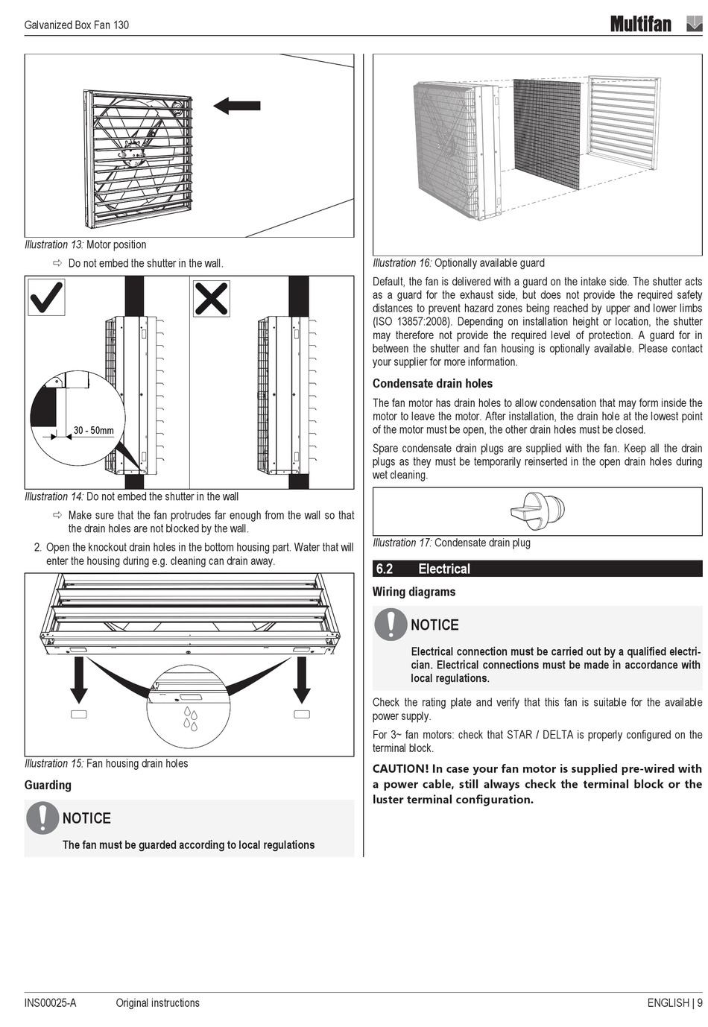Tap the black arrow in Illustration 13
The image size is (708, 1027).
tap(237, 106)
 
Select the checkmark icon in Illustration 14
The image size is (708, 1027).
tap(46, 297)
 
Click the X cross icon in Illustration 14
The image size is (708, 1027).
tap(211, 298)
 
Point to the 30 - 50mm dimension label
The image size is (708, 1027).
tap(94, 431)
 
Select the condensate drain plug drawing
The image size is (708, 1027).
tap(537, 511)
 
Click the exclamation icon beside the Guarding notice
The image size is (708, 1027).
tap(42, 818)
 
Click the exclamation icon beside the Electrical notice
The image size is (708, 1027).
tap(391, 624)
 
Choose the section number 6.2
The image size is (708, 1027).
tap(385, 569)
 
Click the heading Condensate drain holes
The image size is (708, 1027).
tap(432, 384)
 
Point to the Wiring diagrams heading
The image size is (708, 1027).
tap(414, 592)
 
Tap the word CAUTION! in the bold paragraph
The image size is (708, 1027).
tap(400, 768)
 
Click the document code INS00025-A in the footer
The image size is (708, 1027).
tap(50, 1002)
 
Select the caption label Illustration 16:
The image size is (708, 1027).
tap(402, 263)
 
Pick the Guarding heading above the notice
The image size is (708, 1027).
tap(48, 785)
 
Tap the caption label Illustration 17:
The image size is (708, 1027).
tap(402, 543)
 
